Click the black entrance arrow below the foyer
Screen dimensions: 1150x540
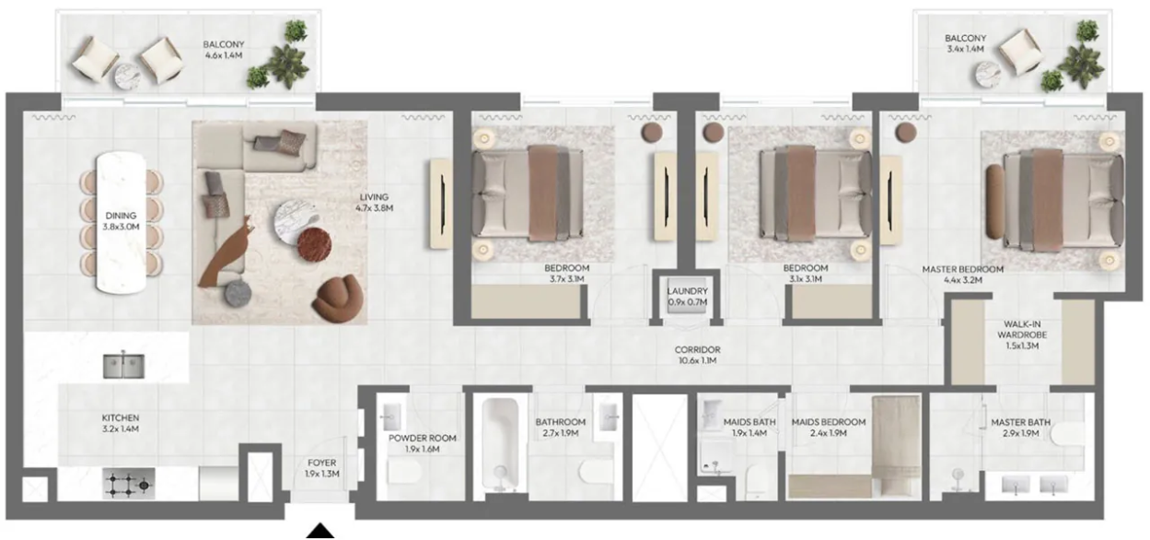tap(320, 531)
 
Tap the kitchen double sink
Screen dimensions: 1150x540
tap(123, 366)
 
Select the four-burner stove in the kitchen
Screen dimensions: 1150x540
tap(128, 484)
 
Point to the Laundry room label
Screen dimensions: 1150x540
tap(688, 297)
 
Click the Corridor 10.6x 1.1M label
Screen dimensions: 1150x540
tap(697, 355)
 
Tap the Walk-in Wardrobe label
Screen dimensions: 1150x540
tap(1022, 335)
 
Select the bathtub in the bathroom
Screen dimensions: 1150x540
tap(500, 443)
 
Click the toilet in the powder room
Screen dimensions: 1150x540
tap(404, 471)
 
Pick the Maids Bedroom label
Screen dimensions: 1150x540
tap(828, 428)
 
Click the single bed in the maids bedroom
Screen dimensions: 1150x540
tap(897, 446)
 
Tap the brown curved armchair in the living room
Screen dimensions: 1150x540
tap(340, 299)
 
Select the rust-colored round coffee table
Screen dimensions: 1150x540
tap(314, 245)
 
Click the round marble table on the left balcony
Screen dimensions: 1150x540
tap(127, 76)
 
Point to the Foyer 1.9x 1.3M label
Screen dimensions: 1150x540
tap(322, 468)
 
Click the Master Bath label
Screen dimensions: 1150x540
tap(1020, 428)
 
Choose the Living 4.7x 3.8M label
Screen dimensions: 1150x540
tap(374, 203)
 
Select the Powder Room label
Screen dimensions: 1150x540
tap(422, 443)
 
